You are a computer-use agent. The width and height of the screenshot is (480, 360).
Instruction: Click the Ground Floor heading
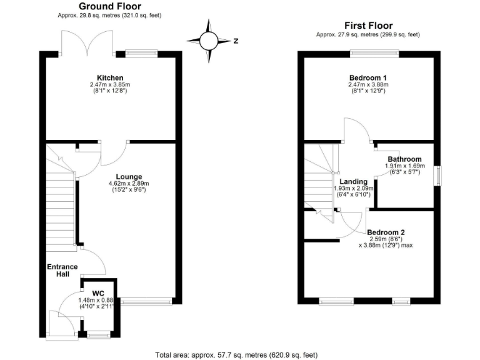click(110, 7)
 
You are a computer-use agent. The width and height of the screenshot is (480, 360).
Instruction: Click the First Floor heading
click(369, 26)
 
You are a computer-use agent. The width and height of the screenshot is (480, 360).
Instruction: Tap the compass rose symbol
click(209, 41)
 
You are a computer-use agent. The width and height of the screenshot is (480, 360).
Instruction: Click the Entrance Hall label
click(62, 271)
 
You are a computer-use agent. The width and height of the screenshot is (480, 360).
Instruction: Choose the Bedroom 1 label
click(368, 78)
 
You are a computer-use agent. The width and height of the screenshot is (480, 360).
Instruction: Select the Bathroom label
click(404, 159)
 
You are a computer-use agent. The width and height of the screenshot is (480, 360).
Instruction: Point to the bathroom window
click(437, 174)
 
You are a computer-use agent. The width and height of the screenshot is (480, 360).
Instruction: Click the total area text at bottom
click(241, 354)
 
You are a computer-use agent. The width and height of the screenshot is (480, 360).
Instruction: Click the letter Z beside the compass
click(236, 41)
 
